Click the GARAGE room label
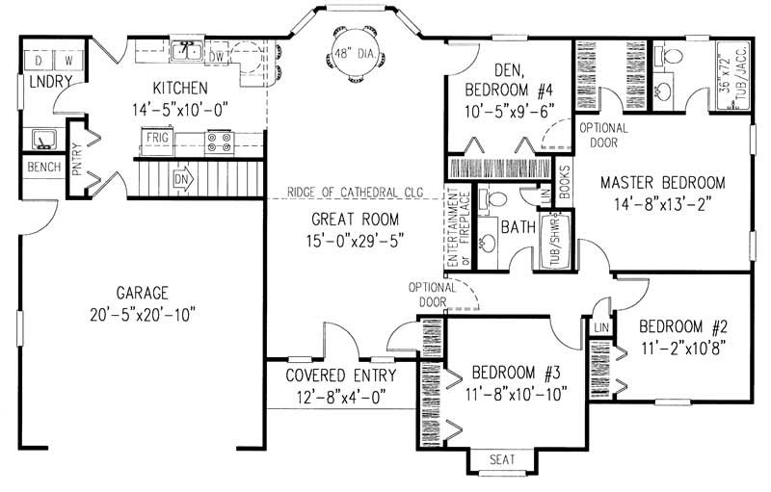[143, 293]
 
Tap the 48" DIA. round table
[349, 57]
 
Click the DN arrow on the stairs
[183, 179]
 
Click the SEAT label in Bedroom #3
[502, 459]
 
